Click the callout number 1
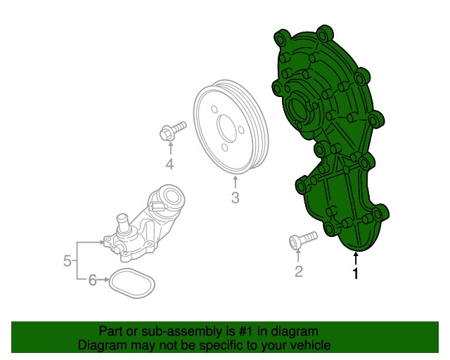click(356, 273)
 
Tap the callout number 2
click(299, 271)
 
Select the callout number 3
click(235, 198)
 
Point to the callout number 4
click(170, 165)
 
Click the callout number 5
click(67, 261)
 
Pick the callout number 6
click(92, 280)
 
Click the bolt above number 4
click(172, 131)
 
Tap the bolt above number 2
click(303, 240)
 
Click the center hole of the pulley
click(226, 129)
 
